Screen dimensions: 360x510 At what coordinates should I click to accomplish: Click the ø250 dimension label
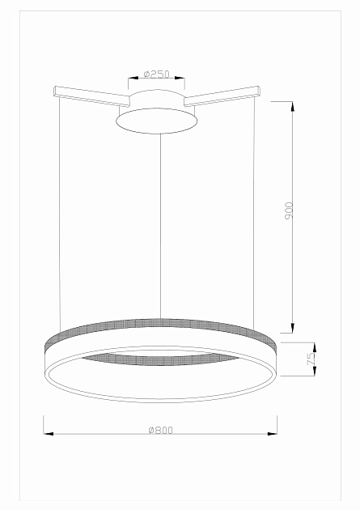[x=157, y=74]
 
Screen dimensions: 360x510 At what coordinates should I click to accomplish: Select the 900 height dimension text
[x=289, y=210]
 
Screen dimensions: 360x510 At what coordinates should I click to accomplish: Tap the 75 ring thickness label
[x=311, y=359]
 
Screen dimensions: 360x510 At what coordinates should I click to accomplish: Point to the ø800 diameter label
[x=160, y=430]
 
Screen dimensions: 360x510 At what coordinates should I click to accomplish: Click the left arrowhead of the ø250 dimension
[x=133, y=78]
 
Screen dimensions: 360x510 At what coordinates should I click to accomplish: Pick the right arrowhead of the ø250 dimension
[x=180, y=78]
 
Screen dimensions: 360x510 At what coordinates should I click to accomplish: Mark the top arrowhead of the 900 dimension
[x=292, y=106]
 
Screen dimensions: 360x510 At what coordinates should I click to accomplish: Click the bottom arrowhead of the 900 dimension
[x=292, y=328]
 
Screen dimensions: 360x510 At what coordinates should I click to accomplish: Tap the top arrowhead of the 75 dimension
[x=315, y=347]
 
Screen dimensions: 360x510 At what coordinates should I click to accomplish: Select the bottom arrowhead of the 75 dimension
[x=315, y=371]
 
